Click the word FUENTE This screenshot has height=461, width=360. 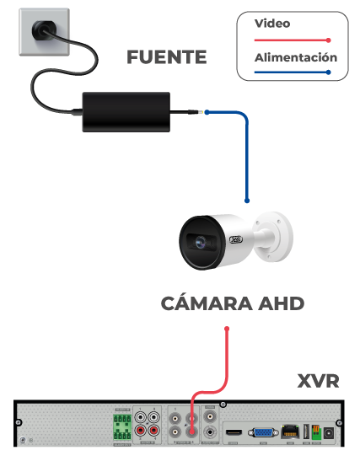point(166,56)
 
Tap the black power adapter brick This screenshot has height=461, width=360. point(126,112)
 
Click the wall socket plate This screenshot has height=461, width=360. point(45,32)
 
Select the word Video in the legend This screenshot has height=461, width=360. point(272,24)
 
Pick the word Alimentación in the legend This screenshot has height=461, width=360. point(296,57)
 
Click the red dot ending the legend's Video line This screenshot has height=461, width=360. point(329,40)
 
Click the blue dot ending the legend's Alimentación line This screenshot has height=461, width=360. point(329,72)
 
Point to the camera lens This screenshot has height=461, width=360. point(201,242)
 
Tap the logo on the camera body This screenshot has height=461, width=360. point(236,239)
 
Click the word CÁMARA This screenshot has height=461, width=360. point(207,303)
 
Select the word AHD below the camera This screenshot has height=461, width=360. point(281,303)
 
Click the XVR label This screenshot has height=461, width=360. point(318,381)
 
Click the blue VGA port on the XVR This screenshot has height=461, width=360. point(263,433)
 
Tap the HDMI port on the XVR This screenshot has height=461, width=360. point(234,432)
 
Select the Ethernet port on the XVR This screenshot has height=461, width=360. point(290,432)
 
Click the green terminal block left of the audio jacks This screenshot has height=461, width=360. point(122,427)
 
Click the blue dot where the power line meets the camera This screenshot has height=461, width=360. point(247,201)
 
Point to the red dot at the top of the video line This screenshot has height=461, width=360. point(227,329)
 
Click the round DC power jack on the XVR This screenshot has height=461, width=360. point(328,433)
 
